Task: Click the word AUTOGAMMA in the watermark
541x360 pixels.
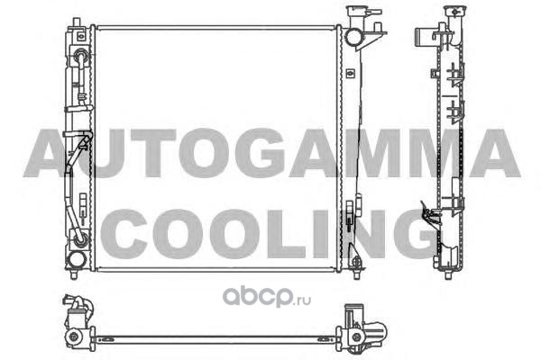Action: (x=271, y=153)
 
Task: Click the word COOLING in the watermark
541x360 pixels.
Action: (x=270, y=234)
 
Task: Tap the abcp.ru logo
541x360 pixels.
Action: (x=267, y=297)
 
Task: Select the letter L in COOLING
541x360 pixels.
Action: (x=287, y=234)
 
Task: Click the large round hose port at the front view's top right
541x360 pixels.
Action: (x=353, y=38)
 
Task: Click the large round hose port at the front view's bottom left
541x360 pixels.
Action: (x=76, y=260)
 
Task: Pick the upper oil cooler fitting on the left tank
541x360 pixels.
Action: (x=81, y=55)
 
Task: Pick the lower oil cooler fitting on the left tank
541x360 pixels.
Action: (x=81, y=238)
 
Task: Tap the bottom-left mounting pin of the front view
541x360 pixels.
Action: (x=74, y=274)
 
